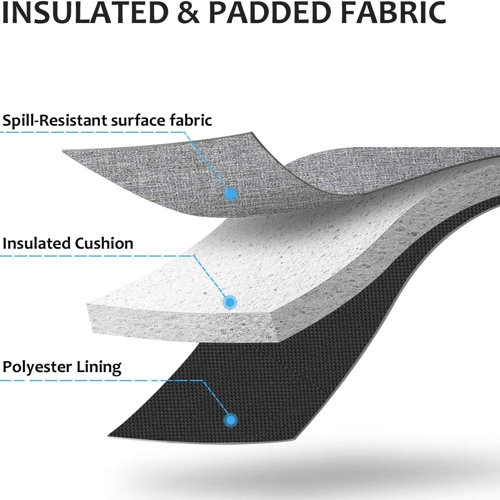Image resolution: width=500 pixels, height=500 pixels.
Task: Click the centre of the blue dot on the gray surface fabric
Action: [x=230, y=194]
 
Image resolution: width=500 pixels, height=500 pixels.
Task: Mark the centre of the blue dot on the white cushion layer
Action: [x=230, y=302]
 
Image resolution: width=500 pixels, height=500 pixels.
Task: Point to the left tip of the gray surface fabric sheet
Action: [x=63, y=151]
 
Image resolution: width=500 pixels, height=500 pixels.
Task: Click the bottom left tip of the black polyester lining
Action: [x=107, y=436]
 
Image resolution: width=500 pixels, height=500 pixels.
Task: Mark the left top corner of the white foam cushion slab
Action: [x=87, y=304]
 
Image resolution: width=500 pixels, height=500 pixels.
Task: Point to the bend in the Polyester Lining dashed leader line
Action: [x=203, y=381]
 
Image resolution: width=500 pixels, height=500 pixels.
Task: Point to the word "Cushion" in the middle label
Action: [x=104, y=243]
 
